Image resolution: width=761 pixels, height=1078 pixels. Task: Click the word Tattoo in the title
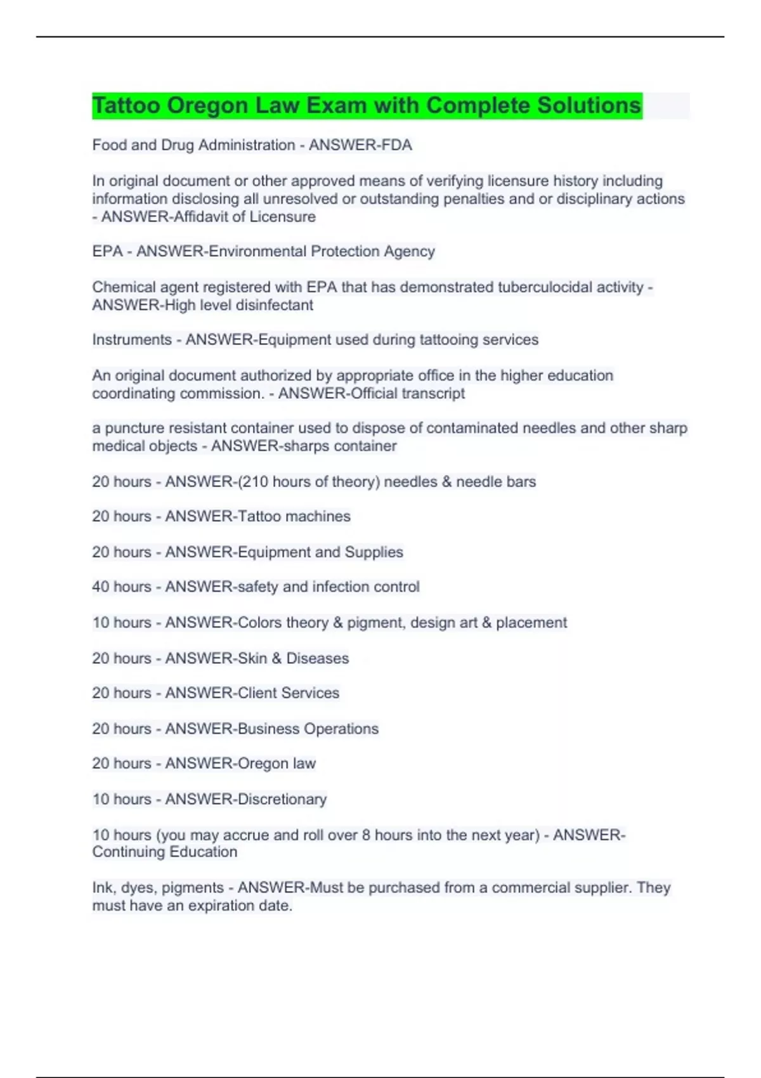126,105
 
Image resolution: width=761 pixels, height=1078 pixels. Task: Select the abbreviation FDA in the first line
396,145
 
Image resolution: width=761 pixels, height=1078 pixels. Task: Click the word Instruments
132,340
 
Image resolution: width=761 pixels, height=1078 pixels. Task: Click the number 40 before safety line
101,587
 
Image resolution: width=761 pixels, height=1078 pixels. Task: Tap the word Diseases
317,658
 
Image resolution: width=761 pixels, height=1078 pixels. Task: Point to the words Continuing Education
165,852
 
